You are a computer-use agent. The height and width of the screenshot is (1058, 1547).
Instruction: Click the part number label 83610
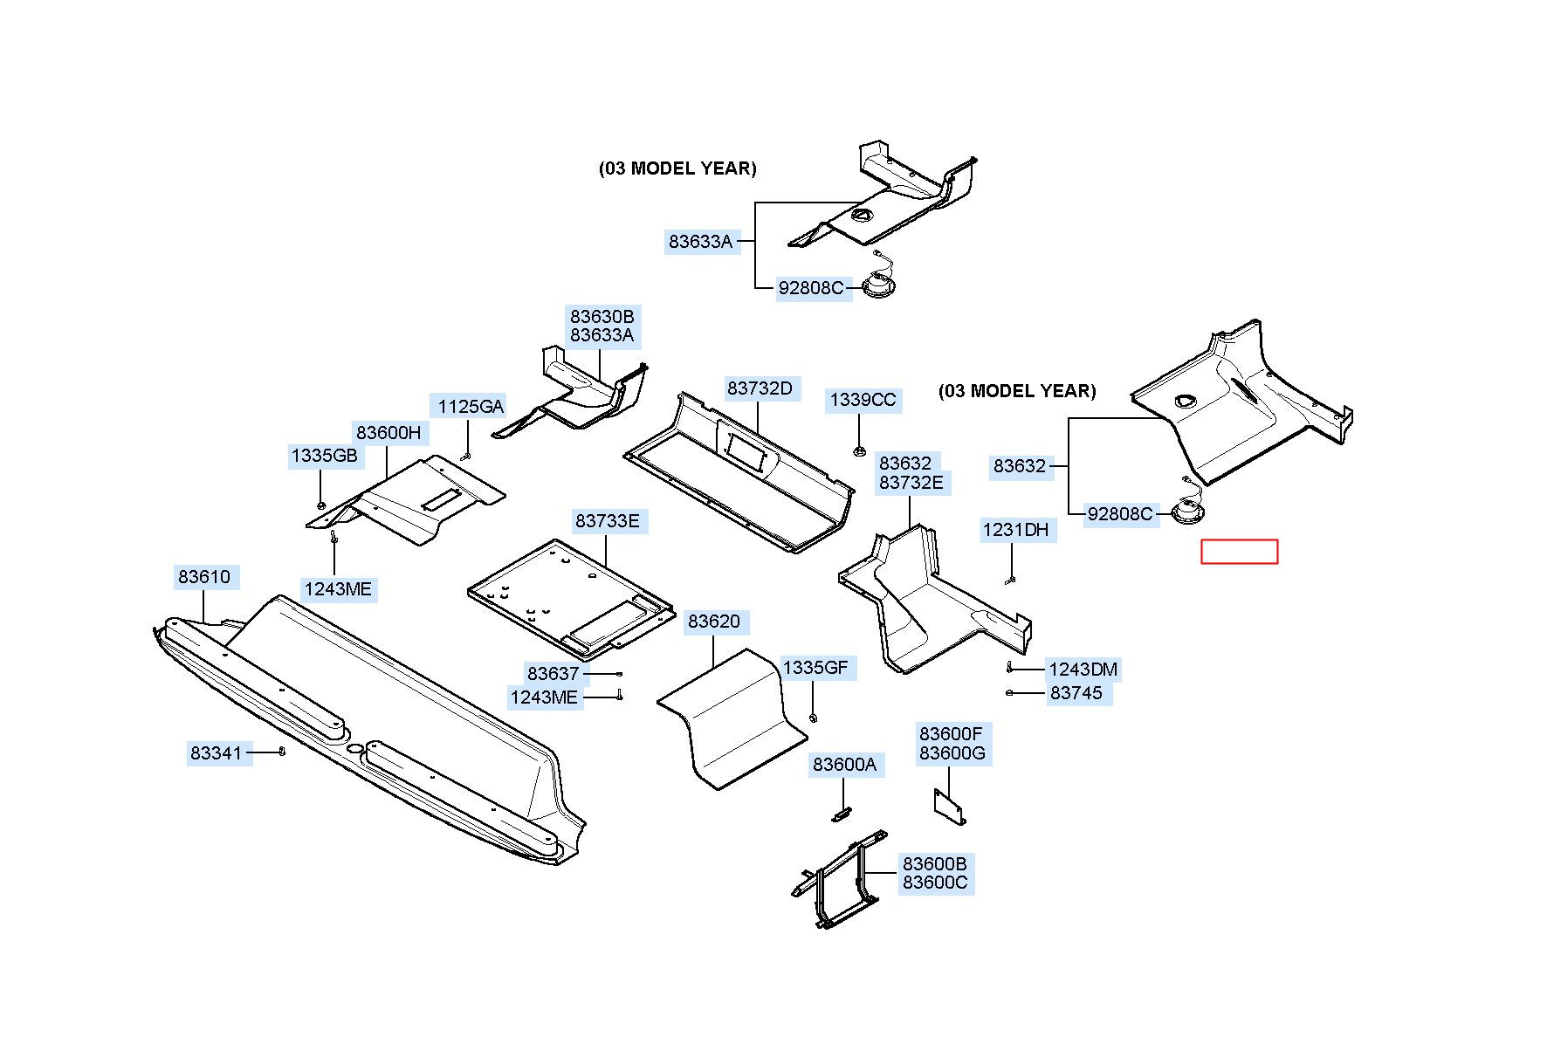click(x=204, y=577)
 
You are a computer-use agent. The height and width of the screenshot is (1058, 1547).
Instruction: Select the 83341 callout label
click(x=217, y=752)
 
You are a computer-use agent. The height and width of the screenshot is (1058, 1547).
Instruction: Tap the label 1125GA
click(x=471, y=406)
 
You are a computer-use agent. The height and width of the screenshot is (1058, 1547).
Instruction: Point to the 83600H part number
click(x=388, y=432)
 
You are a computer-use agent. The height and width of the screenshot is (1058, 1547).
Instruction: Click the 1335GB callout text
click(x=324, y=456)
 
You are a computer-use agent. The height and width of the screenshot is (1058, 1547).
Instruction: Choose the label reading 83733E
click(x=607, y=521)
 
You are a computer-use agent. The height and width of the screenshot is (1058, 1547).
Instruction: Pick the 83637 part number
click(x=553, y=673)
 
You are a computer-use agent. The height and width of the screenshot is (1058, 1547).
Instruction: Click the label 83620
click(x=714, y=622)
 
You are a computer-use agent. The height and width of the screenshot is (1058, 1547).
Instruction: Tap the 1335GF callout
click(x=815, y=668)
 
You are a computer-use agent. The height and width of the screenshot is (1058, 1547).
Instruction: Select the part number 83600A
click(x=844, y=765)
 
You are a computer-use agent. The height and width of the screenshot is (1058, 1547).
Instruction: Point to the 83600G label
click(x=952, y=753)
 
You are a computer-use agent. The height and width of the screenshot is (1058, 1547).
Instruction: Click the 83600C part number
click(x=935, y=883)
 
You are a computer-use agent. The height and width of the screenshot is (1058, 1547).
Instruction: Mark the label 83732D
click(x=760, y=388)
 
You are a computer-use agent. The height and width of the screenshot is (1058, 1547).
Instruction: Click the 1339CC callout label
click(x=863, y=400)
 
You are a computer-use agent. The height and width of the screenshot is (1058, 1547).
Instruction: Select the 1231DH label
click(x=1015, y=530)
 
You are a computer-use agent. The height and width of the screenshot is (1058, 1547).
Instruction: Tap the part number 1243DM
click(x=1083, y=670)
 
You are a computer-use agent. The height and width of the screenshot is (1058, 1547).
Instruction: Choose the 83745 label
click(x=1076, y=693)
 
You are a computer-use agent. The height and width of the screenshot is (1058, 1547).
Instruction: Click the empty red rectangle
click(x=1240, y=552)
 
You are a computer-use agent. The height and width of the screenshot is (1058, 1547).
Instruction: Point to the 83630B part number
click(x=602, y=316)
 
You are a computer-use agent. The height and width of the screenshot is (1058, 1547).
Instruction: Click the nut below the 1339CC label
click(x=859, y=451)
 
